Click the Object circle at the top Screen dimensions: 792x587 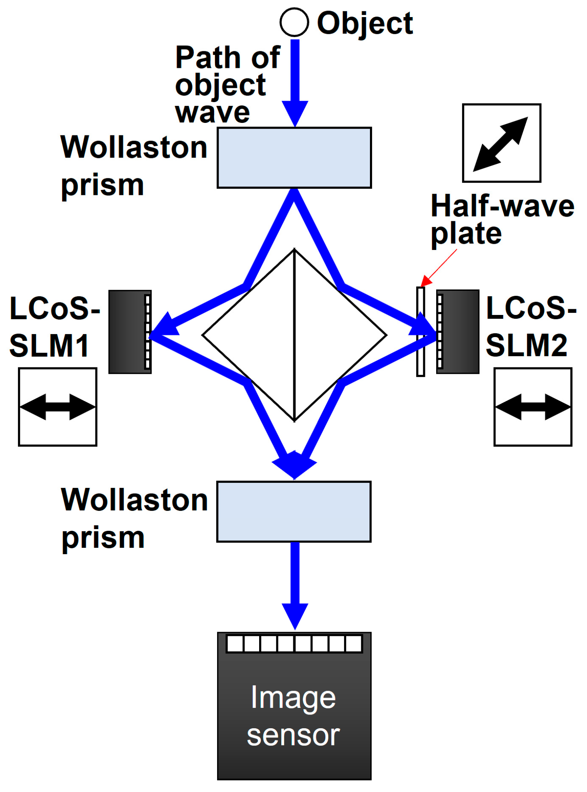tap(294, 22)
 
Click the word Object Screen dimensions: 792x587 tap(365, 23)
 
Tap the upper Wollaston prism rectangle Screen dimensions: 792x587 tap(294, 157)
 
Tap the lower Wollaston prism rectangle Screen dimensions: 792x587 tap(294, 512)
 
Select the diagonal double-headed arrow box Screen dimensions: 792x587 tap(502, 143)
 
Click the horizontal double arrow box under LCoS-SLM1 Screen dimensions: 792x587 tap(57, 407)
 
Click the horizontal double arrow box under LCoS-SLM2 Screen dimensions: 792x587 tap(533, 407)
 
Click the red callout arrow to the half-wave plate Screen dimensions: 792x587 tap(439, 267)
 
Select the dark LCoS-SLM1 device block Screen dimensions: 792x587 tap(127, 332)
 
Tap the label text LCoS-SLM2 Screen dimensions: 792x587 tap(530, 327)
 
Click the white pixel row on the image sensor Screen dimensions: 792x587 tap(294, 644)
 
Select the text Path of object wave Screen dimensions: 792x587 tap(227, 85)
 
